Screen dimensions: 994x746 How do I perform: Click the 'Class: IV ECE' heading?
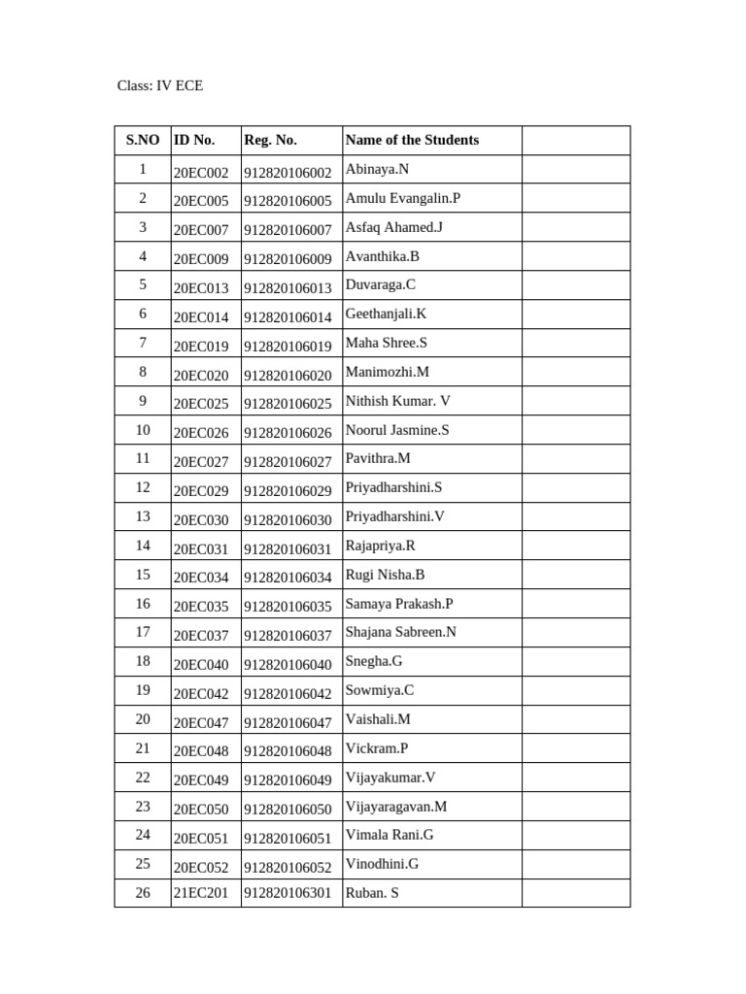[160, 85]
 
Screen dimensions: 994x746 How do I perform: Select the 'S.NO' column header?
[143, 140]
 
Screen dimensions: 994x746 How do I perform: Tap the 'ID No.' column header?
[194, 140]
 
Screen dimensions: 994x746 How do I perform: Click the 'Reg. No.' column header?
[270, 140]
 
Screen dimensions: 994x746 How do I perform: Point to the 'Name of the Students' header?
[412, 140]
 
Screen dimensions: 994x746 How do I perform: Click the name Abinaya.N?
[377, 169]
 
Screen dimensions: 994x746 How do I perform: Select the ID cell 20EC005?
[201, 202]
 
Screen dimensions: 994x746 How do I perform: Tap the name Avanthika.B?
[382, 256]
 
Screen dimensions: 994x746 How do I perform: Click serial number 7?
[143, 343]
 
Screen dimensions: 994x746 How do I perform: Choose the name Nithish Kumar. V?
[397, 401]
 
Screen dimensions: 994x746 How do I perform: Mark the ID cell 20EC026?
[201, 433]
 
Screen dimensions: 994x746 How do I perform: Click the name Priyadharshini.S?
[393, 487]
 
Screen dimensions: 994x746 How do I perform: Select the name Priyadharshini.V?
[394, 516]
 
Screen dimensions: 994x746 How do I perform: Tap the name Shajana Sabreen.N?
[400, 632]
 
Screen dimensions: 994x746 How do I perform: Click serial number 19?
[143, 690]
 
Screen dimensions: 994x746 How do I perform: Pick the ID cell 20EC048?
[201, 751]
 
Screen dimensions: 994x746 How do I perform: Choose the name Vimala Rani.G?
[390, 834]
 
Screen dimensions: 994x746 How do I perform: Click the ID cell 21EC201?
[201, 893]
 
